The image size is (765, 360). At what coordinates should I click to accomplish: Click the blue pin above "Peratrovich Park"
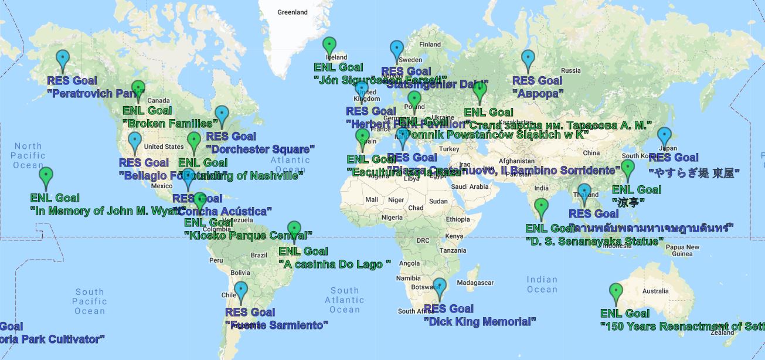click(62, 59)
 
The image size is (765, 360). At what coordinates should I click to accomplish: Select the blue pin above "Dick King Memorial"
click(439, 287)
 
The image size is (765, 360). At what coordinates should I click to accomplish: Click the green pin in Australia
click(616, 291)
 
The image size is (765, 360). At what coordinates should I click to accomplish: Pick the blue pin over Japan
click(664, 136)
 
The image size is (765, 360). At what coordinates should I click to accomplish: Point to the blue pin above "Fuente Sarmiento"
click(241, 290)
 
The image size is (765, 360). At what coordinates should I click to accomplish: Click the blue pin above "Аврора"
click(528, 59)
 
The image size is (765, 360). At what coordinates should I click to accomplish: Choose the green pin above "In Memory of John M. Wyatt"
click(46, 175)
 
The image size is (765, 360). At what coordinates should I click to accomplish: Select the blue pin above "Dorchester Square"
click(222, 114)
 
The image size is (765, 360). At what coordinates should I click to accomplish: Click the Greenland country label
click(293, 12)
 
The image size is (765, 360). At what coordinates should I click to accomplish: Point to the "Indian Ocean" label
click(542, 284)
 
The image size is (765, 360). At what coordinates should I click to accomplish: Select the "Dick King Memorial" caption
click(480, 321)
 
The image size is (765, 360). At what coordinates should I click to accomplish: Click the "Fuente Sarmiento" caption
click(277, 325)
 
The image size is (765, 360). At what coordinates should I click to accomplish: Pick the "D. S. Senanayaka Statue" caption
click(594, 241)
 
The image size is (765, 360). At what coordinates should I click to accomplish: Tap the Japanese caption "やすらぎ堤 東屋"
click(693, 173)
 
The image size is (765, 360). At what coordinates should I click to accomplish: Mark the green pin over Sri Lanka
click(542, 207)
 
